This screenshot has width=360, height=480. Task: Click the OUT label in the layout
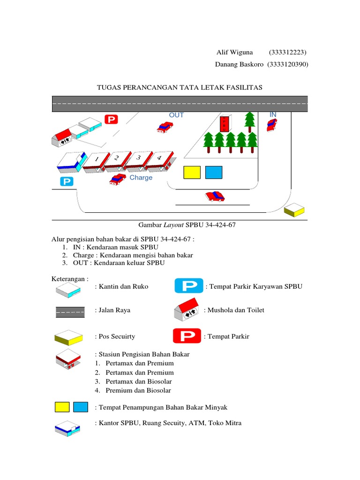tap(177, 115)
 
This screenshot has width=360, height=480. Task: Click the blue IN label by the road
tap(273, 115)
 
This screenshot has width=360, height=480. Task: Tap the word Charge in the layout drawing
tap(141, 178)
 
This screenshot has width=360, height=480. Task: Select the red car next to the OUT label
tap(165, 127)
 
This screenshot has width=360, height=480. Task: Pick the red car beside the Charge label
tap(118, 179)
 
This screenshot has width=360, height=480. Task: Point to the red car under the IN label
tap(271, 125)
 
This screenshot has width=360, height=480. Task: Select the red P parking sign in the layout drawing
tap(111, 120)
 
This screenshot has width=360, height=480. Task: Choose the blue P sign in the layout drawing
tap(67, 181)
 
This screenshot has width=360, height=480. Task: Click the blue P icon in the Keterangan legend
tap(189, 285)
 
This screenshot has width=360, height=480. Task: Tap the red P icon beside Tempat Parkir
tap(187, 336)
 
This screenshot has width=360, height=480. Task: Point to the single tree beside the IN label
tap(249, 120)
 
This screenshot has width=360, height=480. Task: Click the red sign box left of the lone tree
tap(225, 124)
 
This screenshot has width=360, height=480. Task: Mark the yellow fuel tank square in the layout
tap(192, 172)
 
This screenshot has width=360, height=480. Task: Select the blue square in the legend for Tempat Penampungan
tap(81, 407)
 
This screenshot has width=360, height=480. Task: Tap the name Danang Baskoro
tap(240, 64)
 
